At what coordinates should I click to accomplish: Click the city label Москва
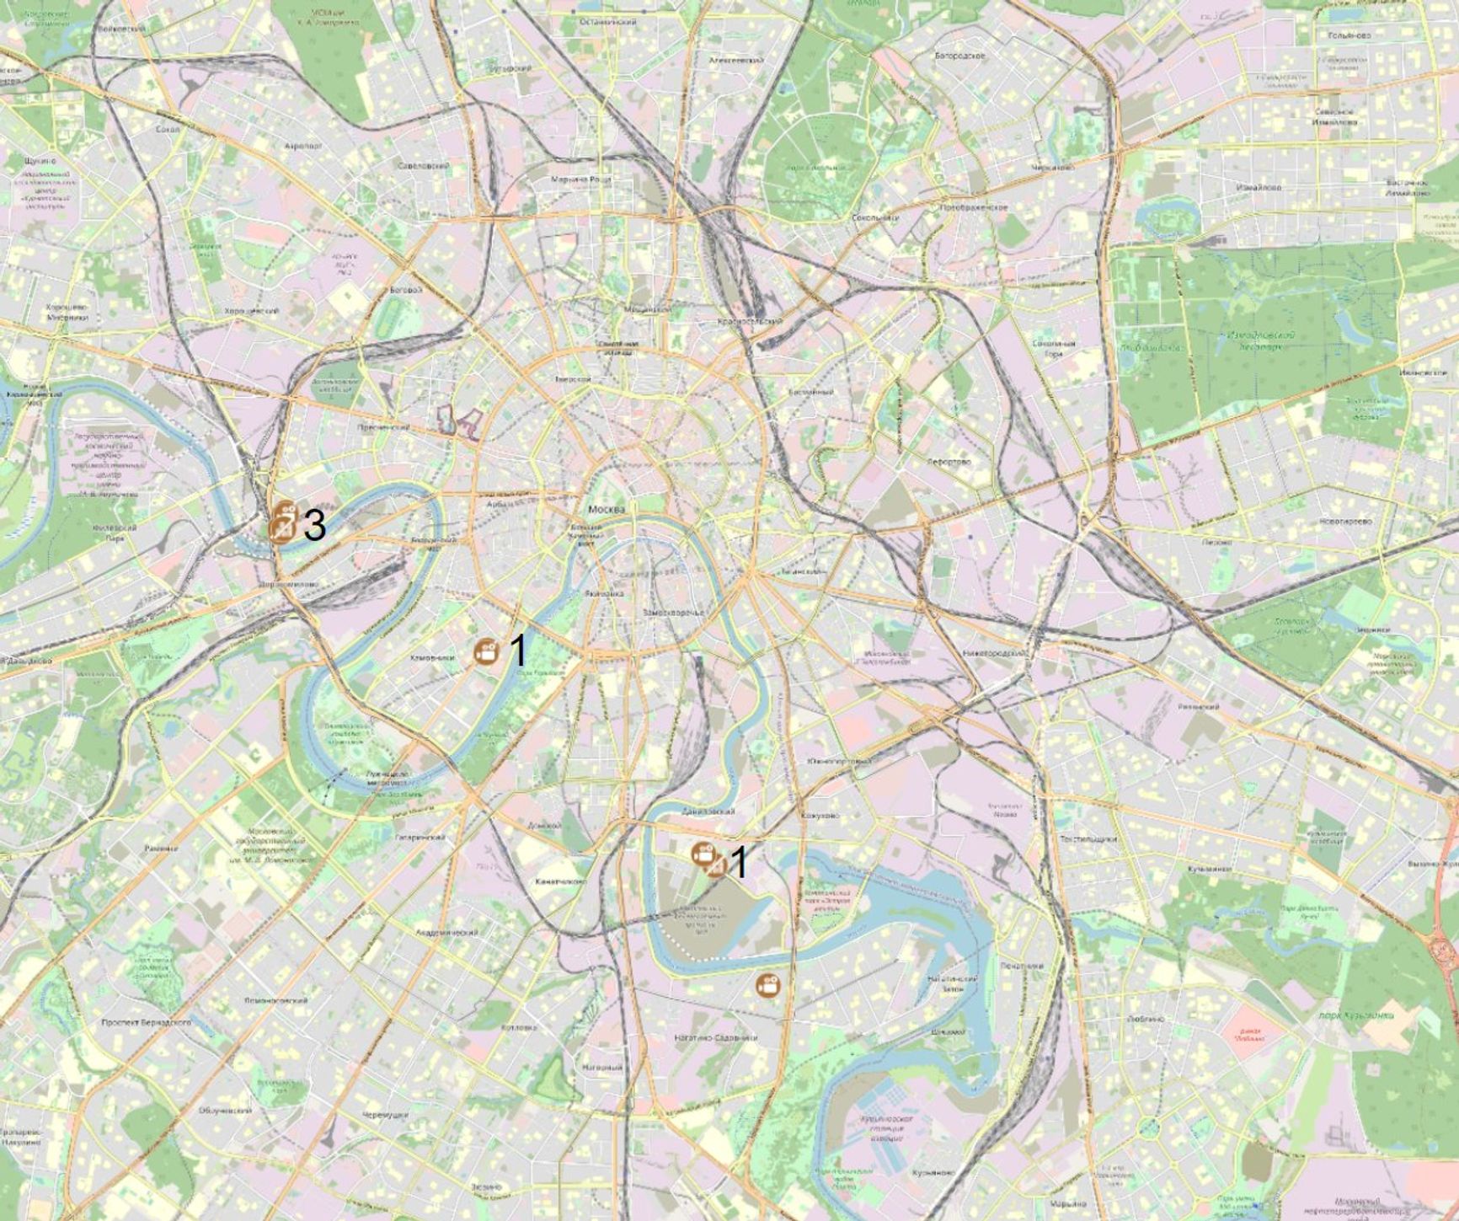607,510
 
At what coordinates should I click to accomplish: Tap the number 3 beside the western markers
314,526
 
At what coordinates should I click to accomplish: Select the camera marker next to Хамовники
486,651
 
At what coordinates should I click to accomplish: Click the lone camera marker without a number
767,984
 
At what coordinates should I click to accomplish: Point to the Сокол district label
168,130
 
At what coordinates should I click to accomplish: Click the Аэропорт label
303,146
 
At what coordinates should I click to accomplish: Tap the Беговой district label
403,290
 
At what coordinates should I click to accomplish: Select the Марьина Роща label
580,179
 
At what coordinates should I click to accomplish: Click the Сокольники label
874,217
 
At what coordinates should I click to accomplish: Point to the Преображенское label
974,206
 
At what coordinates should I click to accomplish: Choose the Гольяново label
1349,35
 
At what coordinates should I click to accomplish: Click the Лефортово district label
949,462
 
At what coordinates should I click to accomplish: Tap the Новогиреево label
1345,522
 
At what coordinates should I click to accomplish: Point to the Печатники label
1022,966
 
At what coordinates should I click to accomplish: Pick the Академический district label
446,933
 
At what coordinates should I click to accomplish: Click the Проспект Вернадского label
146,1022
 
